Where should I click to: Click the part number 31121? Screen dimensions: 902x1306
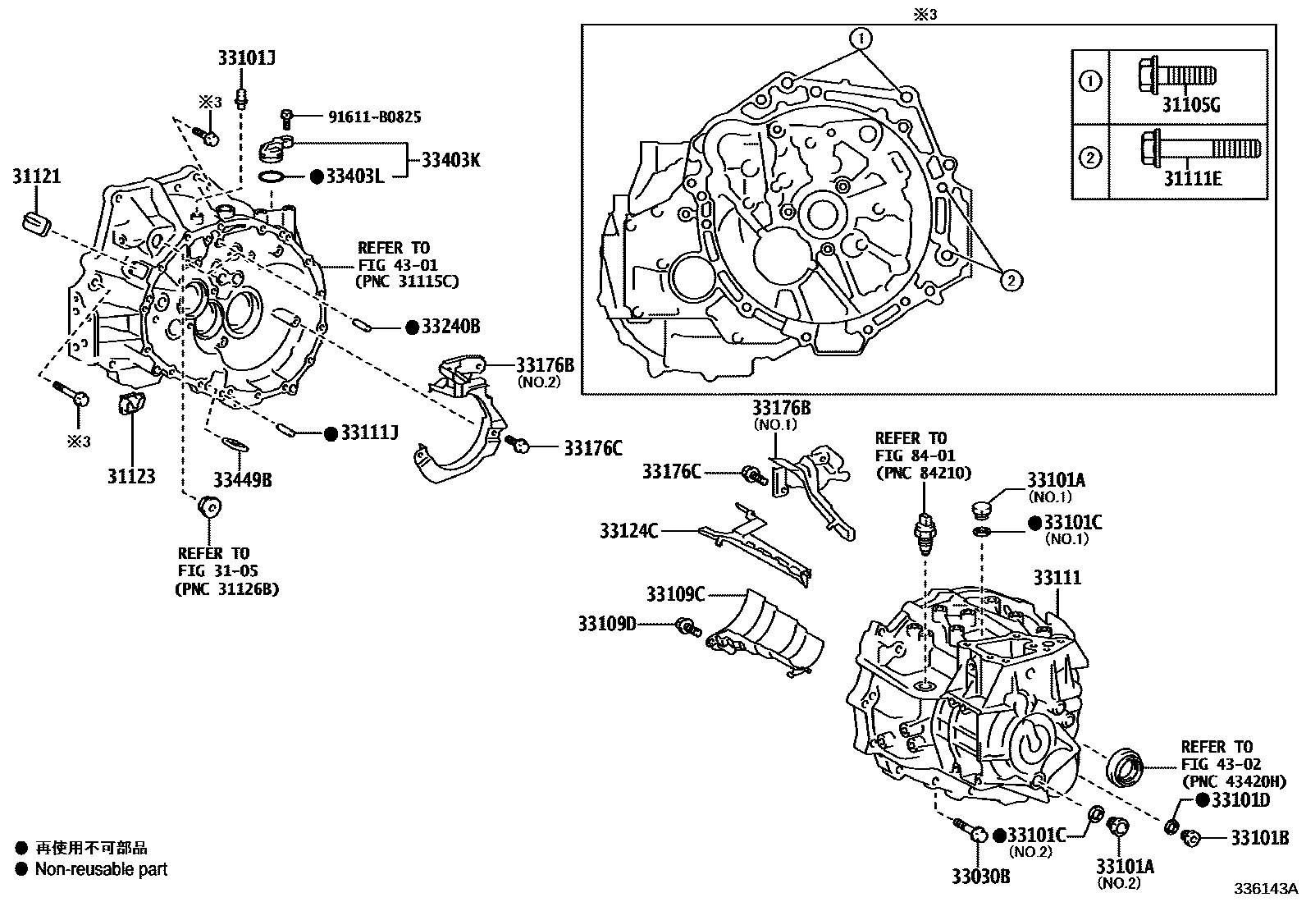tap(36, 176)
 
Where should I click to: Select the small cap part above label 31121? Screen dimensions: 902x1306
tap(38, 222)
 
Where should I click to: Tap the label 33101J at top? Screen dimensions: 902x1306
tap(246, 57)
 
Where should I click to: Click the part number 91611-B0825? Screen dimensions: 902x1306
tap(375, 117)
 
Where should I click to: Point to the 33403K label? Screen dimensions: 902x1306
tap(450, 159)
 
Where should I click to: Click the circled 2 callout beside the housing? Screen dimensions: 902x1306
tap(1011, 280)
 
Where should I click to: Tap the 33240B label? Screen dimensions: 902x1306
tap(450, 327)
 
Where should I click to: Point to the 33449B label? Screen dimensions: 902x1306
tap(242, 479)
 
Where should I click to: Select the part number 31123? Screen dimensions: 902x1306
tap(130, 476)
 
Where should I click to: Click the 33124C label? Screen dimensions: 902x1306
tap(628, 531)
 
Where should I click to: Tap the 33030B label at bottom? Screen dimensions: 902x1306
tap(980, 877)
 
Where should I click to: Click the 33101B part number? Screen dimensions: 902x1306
tap(1259, 838)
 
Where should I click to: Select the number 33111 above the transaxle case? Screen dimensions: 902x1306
tap(1057, 578)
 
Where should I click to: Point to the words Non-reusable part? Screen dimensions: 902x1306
tap(101, 868)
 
